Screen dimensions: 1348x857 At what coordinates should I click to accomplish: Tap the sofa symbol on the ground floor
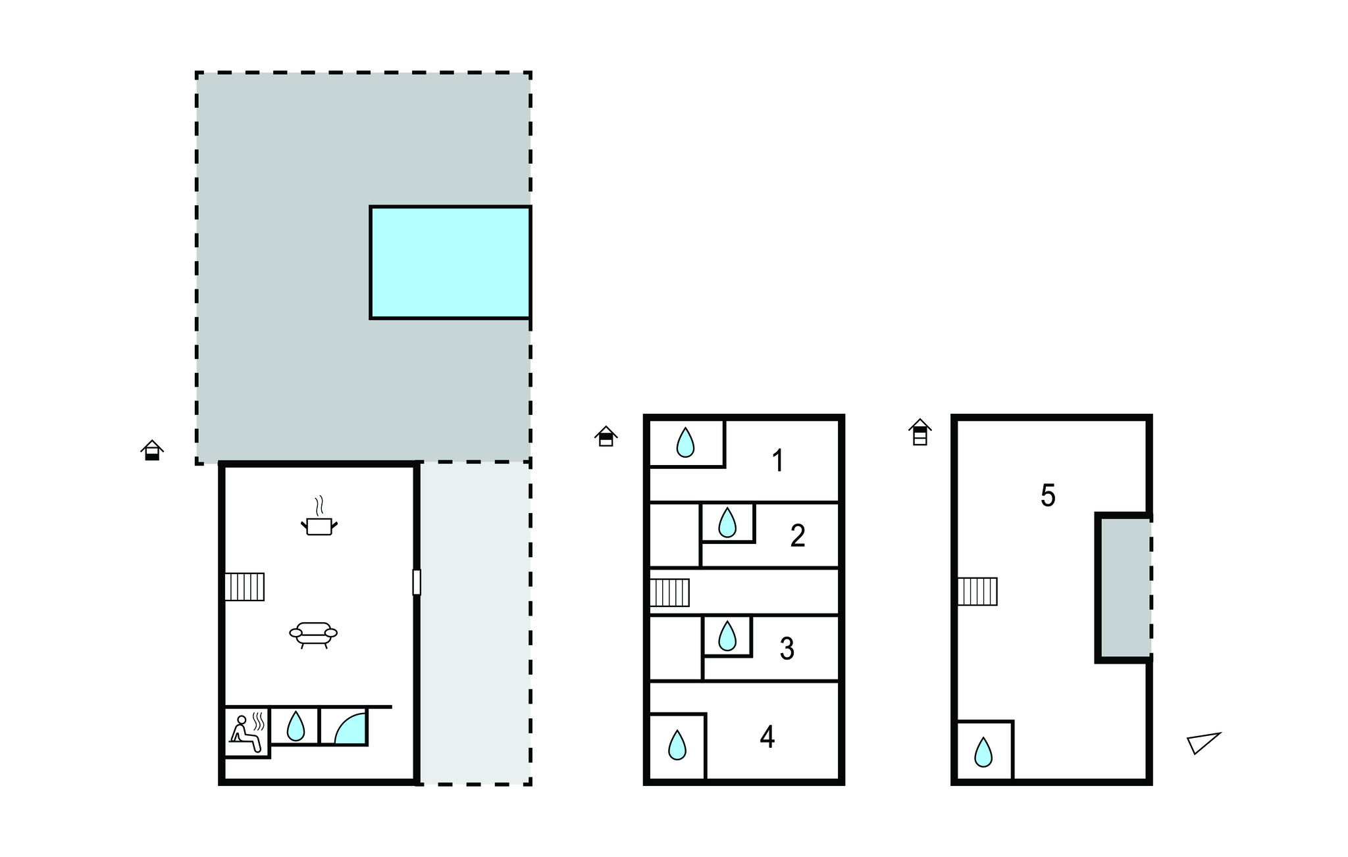pos(313,634)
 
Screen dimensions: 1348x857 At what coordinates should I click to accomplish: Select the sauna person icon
pos(247,733)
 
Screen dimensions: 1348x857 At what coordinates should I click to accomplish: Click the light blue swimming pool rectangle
pos(450,262)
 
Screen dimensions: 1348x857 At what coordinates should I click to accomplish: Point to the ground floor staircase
pos(245,587)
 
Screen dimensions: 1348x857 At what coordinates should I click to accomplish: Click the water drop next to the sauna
pos(296,726)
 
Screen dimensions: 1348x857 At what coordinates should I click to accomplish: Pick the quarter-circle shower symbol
pos(350,728)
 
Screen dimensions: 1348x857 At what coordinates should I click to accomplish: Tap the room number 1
pos(778,460)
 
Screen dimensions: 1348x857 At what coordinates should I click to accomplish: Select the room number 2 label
pos(798,536)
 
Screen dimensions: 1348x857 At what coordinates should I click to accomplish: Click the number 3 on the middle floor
pos(787,649)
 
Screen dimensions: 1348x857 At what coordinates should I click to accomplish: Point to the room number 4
pos(767,737)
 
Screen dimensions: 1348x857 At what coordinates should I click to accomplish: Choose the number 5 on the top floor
pos(1048,496)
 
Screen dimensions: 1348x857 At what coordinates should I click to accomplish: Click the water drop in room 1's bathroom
pos(685,443)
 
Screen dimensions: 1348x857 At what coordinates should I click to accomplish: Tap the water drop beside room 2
pos(727,523)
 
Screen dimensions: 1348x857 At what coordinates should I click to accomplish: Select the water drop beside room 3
pos(727,636)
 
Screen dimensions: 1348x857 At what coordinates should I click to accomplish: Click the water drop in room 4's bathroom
pos(677,745)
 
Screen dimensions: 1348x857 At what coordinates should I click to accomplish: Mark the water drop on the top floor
pos(983,752)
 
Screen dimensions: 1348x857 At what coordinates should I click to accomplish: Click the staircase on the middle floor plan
pos(669,593)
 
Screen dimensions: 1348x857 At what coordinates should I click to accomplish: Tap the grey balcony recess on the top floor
pos(1125,587)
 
